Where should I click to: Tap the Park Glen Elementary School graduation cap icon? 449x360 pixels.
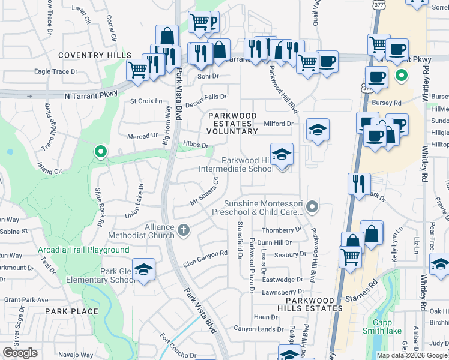click(x=143, y=270)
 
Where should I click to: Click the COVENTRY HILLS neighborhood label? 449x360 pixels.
click(x=95, y=55)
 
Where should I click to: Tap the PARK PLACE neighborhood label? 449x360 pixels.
click(x=71, y=311)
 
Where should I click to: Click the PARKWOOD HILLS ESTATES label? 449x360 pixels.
click(x=314, y=304)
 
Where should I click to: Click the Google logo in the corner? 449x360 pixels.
click(x=20, y=353)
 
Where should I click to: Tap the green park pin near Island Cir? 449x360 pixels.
click(x=101, y=152)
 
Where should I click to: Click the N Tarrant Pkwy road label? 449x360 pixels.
click(x=89, y=95)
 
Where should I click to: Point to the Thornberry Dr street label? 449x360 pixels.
click(x=282, y=230)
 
